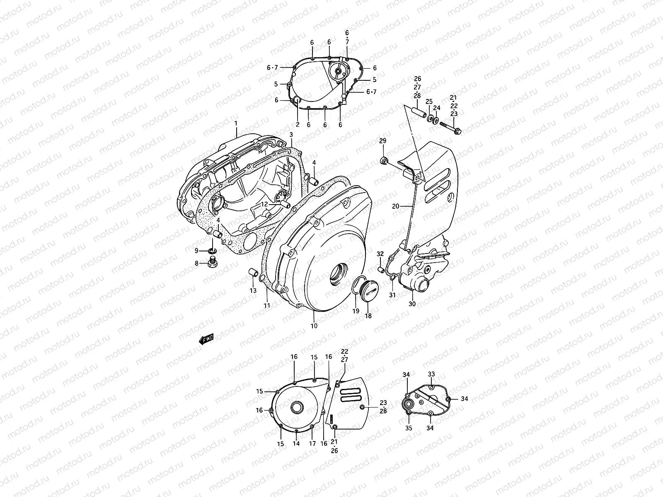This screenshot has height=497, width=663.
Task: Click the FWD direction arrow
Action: coord(206,340)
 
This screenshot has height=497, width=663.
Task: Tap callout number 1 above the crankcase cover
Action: coord(235,123)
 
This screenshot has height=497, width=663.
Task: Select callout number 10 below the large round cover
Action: coord(314,326)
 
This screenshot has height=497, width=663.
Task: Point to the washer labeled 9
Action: coord(213,251)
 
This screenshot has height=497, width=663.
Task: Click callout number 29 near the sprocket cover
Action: coord(382,142)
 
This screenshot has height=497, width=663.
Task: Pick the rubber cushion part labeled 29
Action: coord(384,161)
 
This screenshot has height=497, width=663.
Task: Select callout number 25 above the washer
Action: coord(429,101)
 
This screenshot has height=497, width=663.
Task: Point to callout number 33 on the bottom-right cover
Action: coord(431,374)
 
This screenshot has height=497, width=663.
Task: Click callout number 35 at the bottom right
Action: coord(409,428)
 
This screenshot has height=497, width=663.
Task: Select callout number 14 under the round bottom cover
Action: coord(296,444)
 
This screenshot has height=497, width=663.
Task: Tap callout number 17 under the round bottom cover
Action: coord(312,444)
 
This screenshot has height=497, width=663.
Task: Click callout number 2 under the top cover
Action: coord(297,124)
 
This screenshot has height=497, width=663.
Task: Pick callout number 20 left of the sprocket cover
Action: coord(395,206)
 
